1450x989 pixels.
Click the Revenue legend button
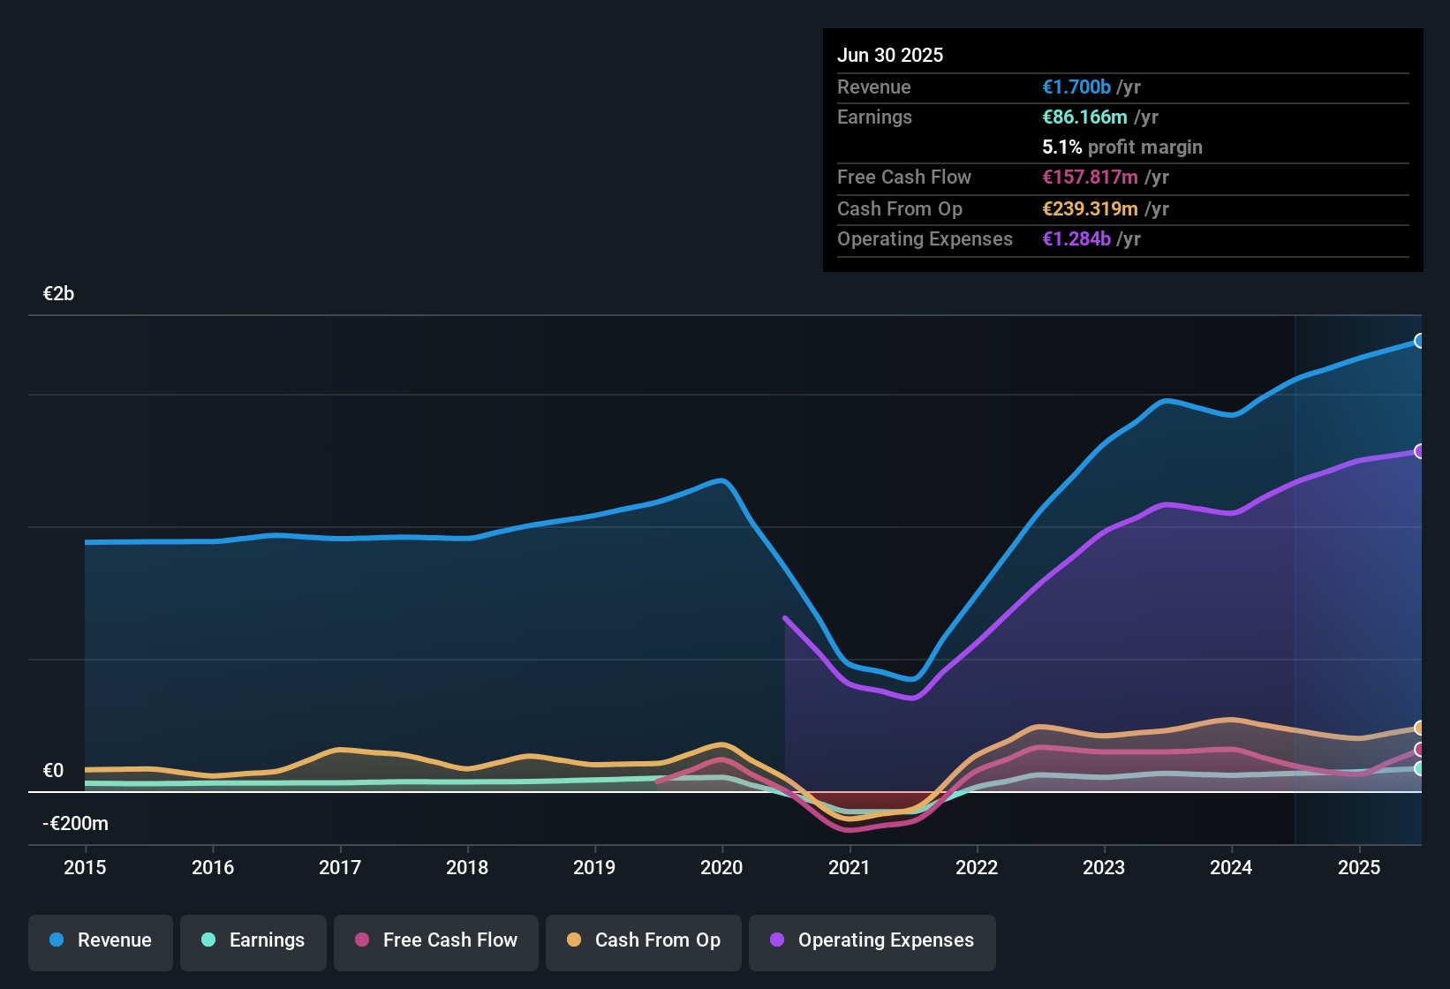pyautogui.click(x=101, y=940)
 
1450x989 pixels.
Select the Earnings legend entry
pyautogui.click(x=253, y=940)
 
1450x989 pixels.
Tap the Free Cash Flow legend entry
pyautogui.click(x=436, y=940)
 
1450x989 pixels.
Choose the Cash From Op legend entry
pyautogui.click(x=644, y=940)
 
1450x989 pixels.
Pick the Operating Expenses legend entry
pyautogui.click(x=872, y=940)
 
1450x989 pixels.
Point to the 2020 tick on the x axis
pyautogui.click(x=721, y=867)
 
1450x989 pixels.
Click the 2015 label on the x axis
pyautogui.click(x=85, y=867)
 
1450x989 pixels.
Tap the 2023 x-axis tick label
pyautogui.click(x=1104, y=867)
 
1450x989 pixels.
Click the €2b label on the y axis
pyautogui.click(x=58, y=294)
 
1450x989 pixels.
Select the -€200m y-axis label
pyautogui.click(x=75, y=824)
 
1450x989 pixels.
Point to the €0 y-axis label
pyautogui.click(x=53, y=771)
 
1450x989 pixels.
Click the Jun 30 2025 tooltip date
pyautogui.click(x=890, y=55)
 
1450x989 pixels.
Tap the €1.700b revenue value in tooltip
pyautogui.click(x=1076, y=87)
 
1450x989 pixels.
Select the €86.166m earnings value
pyautogui.click(x=1084, y=117)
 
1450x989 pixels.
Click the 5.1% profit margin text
pyautogui.click(x=1122, y=147)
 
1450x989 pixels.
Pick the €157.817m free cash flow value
pyautogui.click(x=1090, y=177)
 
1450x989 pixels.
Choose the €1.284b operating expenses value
pyautogui.click(x=1076, y=238)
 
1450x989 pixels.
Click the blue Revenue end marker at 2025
pyautogui.click(x=1419, y=341)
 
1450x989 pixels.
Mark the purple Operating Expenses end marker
pyautogui.click(x=1419, y=451)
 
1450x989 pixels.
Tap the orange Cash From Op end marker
pyautogui.click(x=1419, y=728)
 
